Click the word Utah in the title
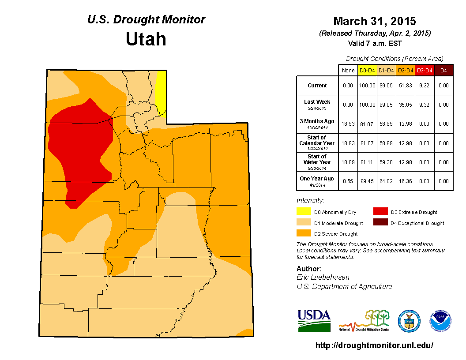click(x=146, y=39)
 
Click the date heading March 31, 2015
click(x=374, y=21)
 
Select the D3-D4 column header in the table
click(x=424, y=70)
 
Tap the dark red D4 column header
click(x=443, y=70)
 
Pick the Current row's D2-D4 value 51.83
click(x=405, y=86)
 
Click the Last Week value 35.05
click(x=405, y=105)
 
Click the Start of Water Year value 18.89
click(x=348, y=162)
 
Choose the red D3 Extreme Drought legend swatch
click(x=381, y=212)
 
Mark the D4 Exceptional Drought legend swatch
click(x=381, y=223)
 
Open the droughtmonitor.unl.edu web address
click(x=374, y=345)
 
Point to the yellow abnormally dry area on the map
click(x=162, y=90)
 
